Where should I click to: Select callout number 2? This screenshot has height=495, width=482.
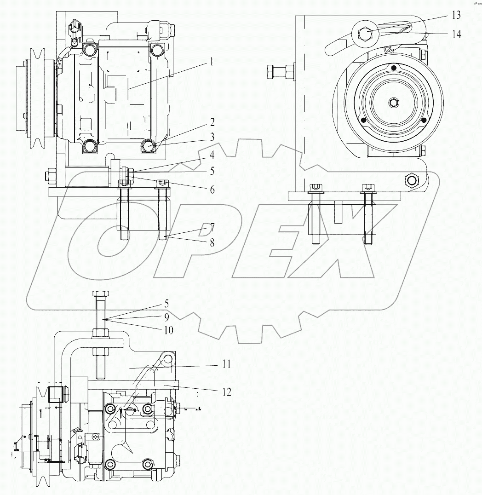[x=212, y=123]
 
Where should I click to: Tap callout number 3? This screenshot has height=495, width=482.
[x=212, y=137]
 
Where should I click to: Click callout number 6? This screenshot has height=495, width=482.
[x=212, y=189]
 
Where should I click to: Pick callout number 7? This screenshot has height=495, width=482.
[x=212, y=227]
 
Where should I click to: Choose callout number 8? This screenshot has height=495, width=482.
[x=212, y=243]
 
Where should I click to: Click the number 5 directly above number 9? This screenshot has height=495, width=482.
[x=166, y=304]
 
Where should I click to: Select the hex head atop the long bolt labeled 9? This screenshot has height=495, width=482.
[x=101, y=294]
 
